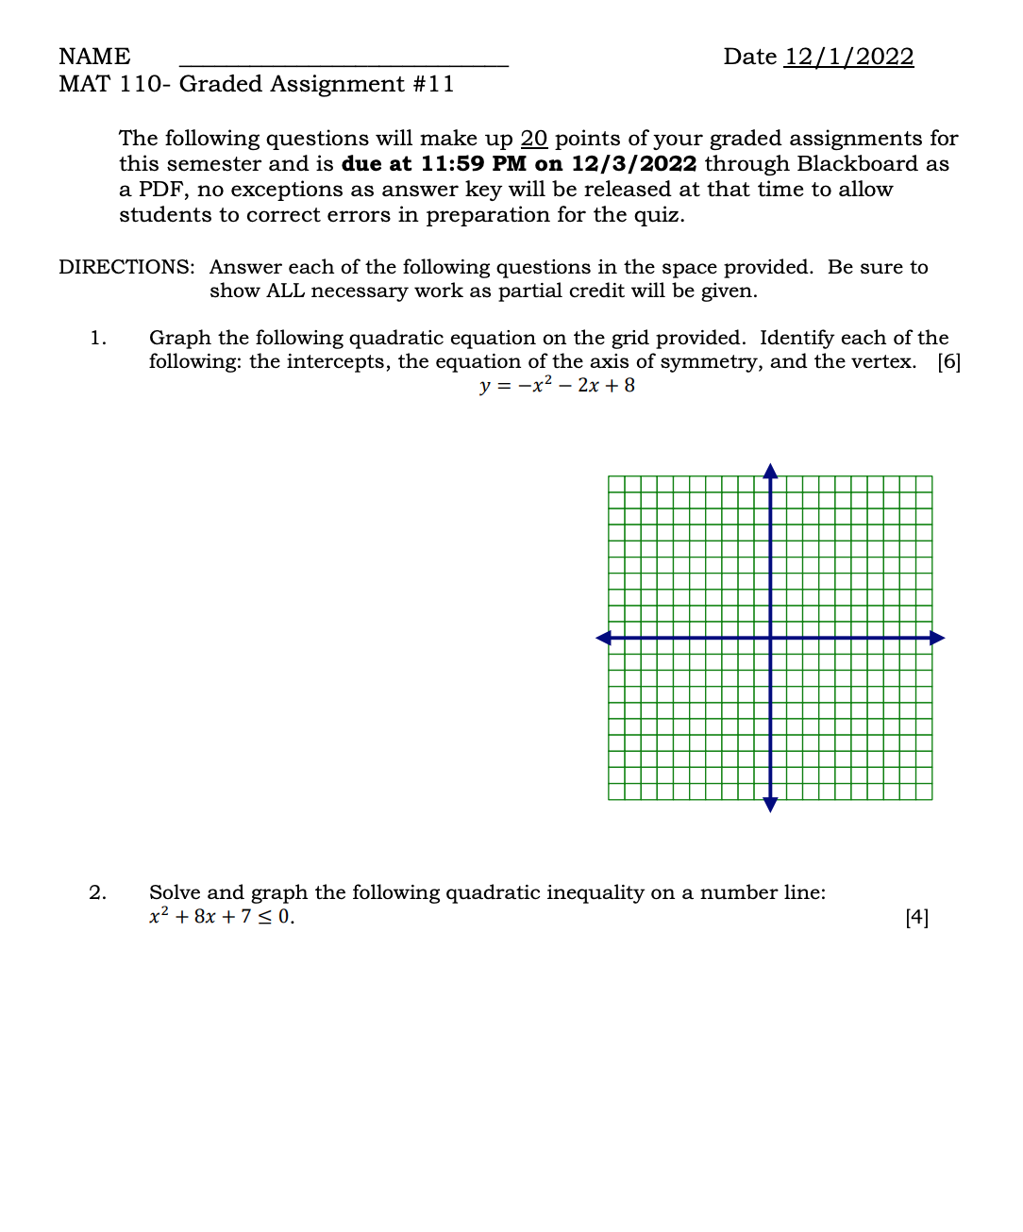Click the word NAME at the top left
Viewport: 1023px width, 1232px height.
click(94, 57)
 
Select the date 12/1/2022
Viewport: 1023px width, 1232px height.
click(848, 57)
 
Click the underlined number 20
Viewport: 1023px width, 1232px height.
click(534, 139)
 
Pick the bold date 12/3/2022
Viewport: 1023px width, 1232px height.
click(633, 164)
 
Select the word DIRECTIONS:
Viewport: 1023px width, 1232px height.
click(126, 267)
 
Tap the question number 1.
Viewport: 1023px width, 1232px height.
click(98, 338)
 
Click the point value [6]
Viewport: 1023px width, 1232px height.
click(948, 361)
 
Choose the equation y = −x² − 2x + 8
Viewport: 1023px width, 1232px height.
click(557, 385)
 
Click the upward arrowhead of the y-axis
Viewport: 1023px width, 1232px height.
click(770, 471)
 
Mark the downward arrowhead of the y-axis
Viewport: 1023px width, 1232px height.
click(770, 805)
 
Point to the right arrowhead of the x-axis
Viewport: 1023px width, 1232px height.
click(937, 639)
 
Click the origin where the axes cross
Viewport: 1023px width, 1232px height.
click(770, 639)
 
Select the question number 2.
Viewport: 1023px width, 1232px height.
click(98, 892)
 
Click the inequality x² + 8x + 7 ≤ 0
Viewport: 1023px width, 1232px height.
click(222, 917)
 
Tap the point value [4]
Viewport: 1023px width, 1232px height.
click(916, 917)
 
